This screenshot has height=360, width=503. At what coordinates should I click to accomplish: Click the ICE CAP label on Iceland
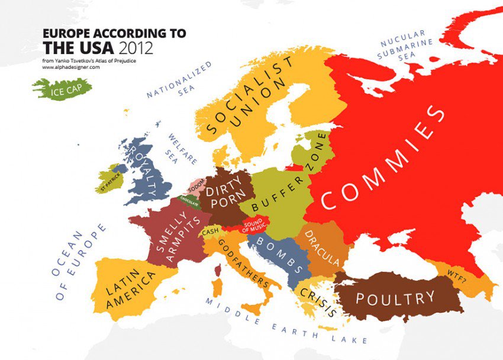pyautogui.click(x=63, y=90)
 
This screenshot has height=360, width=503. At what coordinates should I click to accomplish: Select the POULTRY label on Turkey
pyautogui.click(x=395, y=298)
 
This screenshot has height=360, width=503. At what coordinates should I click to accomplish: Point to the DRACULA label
pyautogui.click(x=322, y=247)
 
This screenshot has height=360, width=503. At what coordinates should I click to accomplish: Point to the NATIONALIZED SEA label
pyautogui.click(x=179, y=79)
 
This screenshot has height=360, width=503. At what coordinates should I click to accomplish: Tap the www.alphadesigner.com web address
pyautogui.click(x=70, y=67)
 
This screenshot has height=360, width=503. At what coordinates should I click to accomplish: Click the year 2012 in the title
pyautogui.click(x=136, y=49)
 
